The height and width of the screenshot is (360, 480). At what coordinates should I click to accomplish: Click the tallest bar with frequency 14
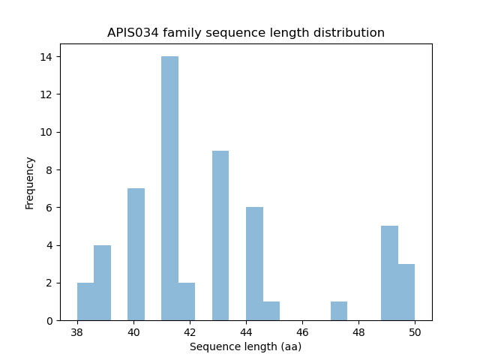tap(169, 188)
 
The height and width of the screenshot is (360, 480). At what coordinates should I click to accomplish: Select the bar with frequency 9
tap(220, 235)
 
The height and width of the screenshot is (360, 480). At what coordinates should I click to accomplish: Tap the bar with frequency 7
tap(136, 254)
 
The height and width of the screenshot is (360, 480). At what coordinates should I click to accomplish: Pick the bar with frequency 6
tap(254, 264)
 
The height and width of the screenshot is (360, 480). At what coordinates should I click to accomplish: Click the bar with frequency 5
tap(389, 273)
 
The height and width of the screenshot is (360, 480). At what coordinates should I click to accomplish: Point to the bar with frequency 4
tap(102, 283)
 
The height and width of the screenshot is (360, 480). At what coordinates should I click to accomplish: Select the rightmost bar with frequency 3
tap(406, 292)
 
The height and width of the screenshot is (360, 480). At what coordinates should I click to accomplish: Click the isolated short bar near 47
tap(338, 310)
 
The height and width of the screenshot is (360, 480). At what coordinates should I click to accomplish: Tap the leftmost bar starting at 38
tap(85, 301)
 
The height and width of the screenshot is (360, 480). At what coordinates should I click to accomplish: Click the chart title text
tap(246, 33)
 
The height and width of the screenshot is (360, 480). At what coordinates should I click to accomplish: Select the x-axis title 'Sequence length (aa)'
tap(245, 346)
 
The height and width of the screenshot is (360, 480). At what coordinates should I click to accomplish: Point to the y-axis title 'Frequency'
tap(30, 182)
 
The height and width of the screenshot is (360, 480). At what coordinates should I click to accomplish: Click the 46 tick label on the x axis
tap(302, 332)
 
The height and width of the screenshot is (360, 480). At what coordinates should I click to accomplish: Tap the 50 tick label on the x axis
tap(415, 332)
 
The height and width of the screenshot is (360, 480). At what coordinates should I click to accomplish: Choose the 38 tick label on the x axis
tap(77, 332)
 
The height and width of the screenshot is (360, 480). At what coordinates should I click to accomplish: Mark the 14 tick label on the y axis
tap(46, 57)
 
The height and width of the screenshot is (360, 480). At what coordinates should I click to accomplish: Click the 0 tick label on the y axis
tap(49, 320)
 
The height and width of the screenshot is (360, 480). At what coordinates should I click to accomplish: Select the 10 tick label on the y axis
tap(46, 132)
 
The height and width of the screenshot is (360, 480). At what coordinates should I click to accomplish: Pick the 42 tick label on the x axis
tap(190, 332)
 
